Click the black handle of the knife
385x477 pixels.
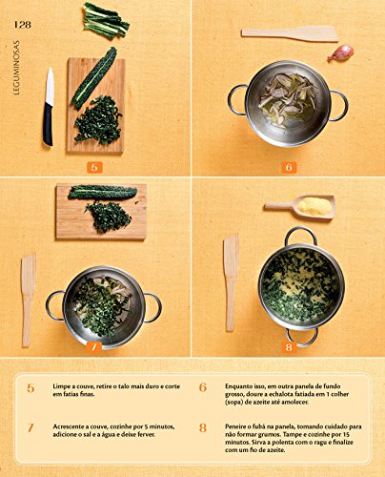[x=47, y=124]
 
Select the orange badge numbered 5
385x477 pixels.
[x=93, y=167]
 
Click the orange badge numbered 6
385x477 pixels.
[x=290, y=167]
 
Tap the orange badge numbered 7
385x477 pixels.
[x=93, y=347]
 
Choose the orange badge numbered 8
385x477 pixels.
[x=290, y=347]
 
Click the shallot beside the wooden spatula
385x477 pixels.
[x=340, y=52]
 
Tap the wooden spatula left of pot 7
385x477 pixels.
[x=28, y=297]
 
